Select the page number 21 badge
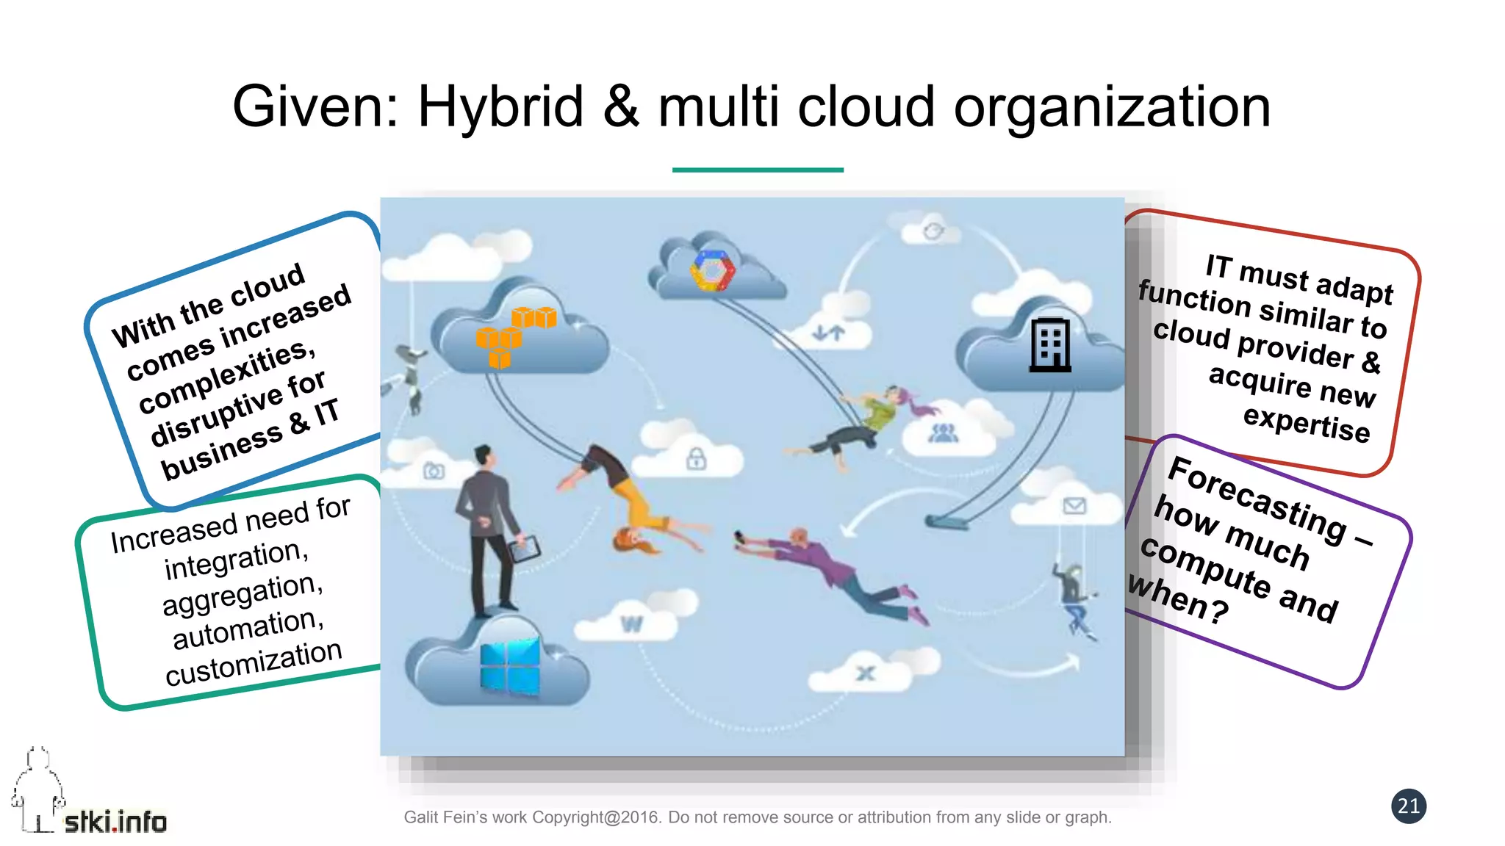[x=1408, y=806]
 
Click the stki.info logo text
[x=115, y=822]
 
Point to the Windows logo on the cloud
[x=509, y=666]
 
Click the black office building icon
[x=1049, y=344]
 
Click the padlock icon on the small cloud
[x=696, y=459]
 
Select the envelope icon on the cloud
[x=1074, y=505]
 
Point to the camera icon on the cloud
[x=434, y=471]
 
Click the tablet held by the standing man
[x=525, y=549]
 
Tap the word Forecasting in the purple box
[x=1257, y=499]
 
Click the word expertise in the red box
[x=1307, y=424]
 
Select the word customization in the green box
[x=254, y=663]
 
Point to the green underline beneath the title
[x=758, y=170]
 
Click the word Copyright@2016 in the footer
[x=597, y=817]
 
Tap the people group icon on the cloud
[x=943, y=433]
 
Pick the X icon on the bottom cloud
[x=866, y=673]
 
